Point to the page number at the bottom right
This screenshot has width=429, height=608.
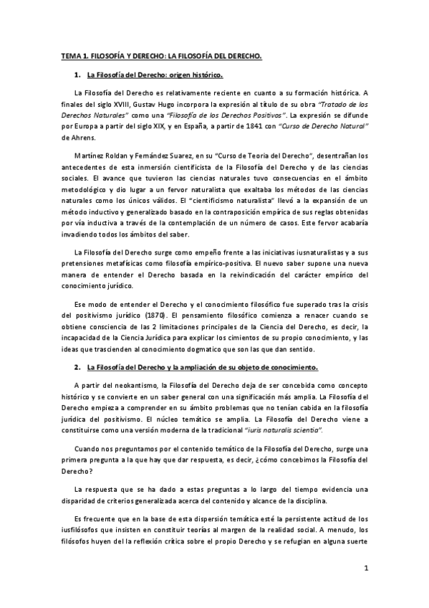pos(365,569)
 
